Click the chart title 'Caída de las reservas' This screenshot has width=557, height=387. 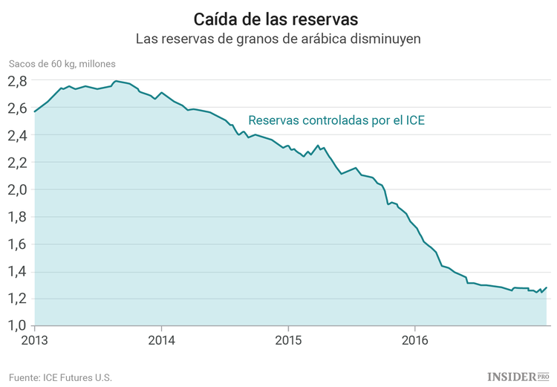pyautogui.click(x=278, y=18)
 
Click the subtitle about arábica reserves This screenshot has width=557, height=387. pyautogui.click(x=278, y=39)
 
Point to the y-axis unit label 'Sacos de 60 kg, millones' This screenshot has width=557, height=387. pyautogui.click(x=62, y=64)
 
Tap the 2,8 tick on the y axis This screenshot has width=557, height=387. pyautogui.click(x=19, y=81)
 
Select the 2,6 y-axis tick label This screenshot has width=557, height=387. pyautogui.click(x=19, y=108)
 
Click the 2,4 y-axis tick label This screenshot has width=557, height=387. pyautogui.click(x=19, y=135)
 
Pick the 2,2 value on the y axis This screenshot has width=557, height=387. pyautogui.click(x=19, y=163)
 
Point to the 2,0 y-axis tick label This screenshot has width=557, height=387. pyautogui.click(x=19, y=190)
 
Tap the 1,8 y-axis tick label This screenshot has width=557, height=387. pyautogui.click(x=19, y=217)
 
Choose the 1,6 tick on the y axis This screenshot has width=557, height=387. pyautogui.click(x=19, y=244)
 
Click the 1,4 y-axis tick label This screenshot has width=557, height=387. pyautogui.click(x=19, y=272)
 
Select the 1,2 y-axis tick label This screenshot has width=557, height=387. pyautogui.click(x=19, y=299)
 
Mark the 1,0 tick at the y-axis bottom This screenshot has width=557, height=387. pyautogui.click(x=19, y=325)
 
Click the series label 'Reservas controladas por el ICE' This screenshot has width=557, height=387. pyautogui.click(x=336, y=120)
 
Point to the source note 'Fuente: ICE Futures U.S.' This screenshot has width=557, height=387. pyautogui.click(x=60, y=377)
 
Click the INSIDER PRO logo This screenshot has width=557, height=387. pyautogui.click(x=518, y=377)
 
